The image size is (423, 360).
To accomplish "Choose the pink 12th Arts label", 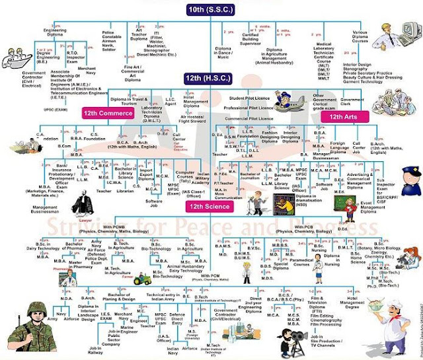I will tap(341, 116).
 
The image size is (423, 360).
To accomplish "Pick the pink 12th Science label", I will tap(208, 207).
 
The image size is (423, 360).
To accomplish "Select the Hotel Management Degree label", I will tap(396, 306).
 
